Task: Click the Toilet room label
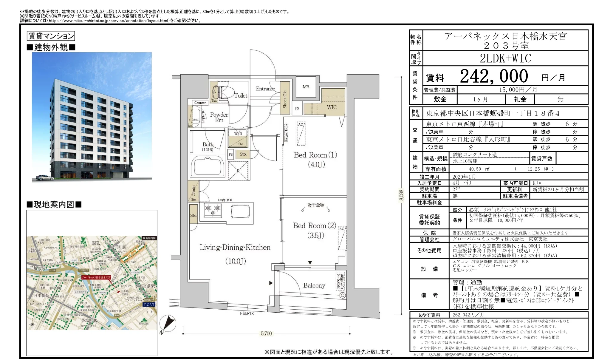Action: tap(240, 96)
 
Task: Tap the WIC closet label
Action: tap(332, 107)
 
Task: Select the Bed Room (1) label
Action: tap(315, 155)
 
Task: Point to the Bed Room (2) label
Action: tap(315, 226)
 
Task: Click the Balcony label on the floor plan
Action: tap(314, 285)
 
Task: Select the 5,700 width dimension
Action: tap(266, 333)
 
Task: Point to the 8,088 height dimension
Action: tap(401, 195)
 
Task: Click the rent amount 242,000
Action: tap(494, 76)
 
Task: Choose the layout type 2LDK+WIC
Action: tap(505, 58)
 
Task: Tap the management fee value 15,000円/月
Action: tap(518, 90)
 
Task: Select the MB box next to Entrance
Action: tap(306, 87)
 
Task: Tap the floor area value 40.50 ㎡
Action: tap(479, 169)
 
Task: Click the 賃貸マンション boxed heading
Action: tap(51, 36)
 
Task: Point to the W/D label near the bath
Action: tap(238, 134)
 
